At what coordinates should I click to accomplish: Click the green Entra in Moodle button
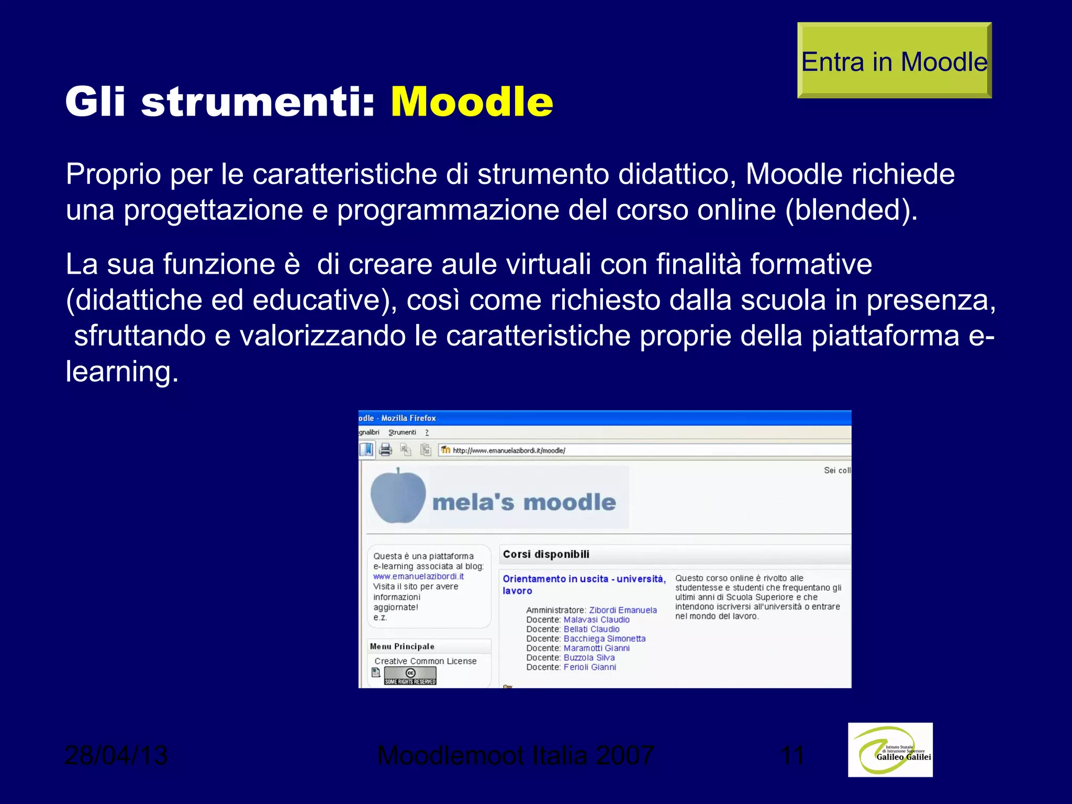click(x=894, y=61)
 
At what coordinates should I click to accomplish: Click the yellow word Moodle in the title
click(x=472, y=102)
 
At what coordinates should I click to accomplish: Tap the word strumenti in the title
click(x=258, y=102)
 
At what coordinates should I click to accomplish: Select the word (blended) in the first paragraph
click(x=851, y=210)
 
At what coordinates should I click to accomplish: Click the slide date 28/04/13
click(x=116, y=755)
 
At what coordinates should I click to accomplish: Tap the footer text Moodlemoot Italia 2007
click(x=515, y=755)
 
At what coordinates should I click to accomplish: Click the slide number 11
click(x=792, y=755)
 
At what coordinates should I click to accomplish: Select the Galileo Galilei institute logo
click(x=890, y=750)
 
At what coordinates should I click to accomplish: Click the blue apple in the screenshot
click(x=398, y=496)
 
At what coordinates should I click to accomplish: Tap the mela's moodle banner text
click(x=524, y=502)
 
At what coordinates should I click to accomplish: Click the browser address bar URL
click(x=509, y=450)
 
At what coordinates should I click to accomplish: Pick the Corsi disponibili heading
click(x=546, y=554)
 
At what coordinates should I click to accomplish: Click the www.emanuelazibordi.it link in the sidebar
click(x=418, y=576)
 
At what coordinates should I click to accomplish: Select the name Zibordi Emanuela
click(x=622, y=610)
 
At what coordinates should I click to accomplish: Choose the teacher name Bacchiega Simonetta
click(x=604, y=639)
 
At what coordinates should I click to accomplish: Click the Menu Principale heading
click(x=402, y=646)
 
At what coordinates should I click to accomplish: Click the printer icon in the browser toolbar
click(x=386, y=450)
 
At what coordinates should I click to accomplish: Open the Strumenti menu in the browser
click(x=402, y=432)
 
